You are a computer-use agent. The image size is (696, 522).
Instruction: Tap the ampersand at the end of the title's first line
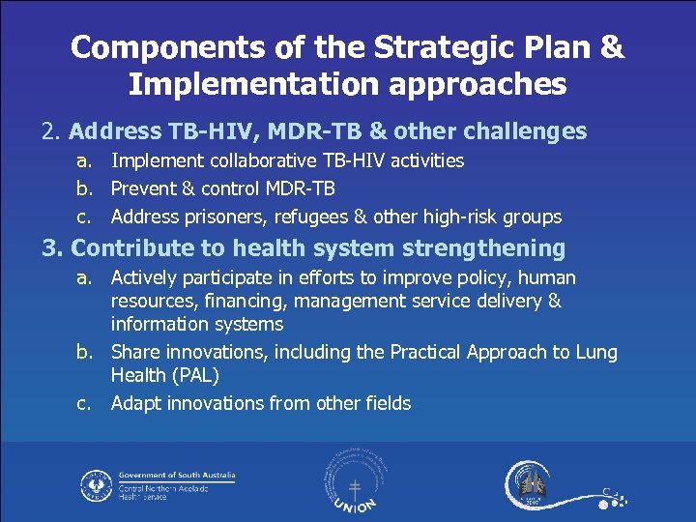tap(612, 47)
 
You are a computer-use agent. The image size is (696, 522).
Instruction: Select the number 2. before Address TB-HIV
tap(51, 130)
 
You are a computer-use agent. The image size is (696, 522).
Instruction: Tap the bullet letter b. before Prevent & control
tap(88, 188)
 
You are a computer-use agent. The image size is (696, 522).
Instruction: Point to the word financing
tap(244, 302)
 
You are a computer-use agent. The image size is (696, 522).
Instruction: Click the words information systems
tap(196, 324)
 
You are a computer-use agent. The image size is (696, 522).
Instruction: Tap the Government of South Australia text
tap(176, 476)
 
